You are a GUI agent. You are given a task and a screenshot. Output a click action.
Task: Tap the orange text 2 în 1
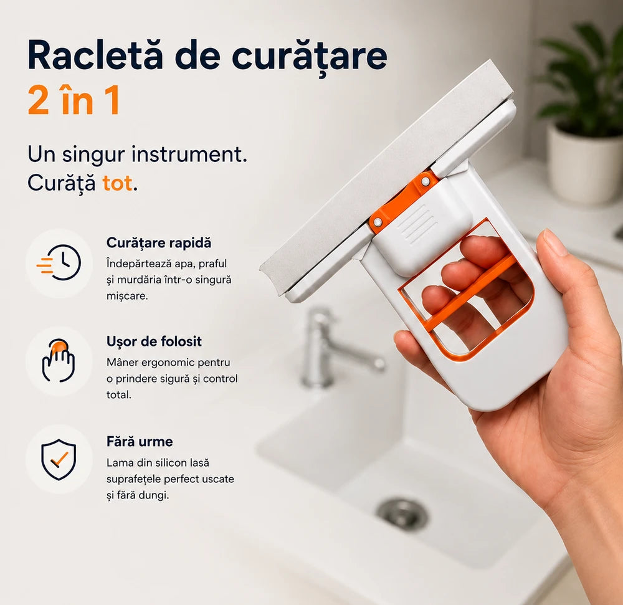click(74, 100)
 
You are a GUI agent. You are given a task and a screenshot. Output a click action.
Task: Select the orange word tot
click(117, 183)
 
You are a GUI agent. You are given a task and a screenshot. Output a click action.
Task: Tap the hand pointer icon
click(59, 361)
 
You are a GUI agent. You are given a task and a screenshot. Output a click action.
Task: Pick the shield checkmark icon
click(59, 459)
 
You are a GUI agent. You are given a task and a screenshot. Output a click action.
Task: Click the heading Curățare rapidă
click(158, 243)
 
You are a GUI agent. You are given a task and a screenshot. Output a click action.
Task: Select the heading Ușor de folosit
click(154, 341)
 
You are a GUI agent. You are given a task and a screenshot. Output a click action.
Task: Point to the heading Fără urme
click(140, 441)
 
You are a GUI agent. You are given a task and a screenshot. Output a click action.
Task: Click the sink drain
click(402, 515)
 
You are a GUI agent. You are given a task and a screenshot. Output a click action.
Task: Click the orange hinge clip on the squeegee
click(403, 201)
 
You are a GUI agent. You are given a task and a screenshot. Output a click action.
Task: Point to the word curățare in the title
click(309, 56)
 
